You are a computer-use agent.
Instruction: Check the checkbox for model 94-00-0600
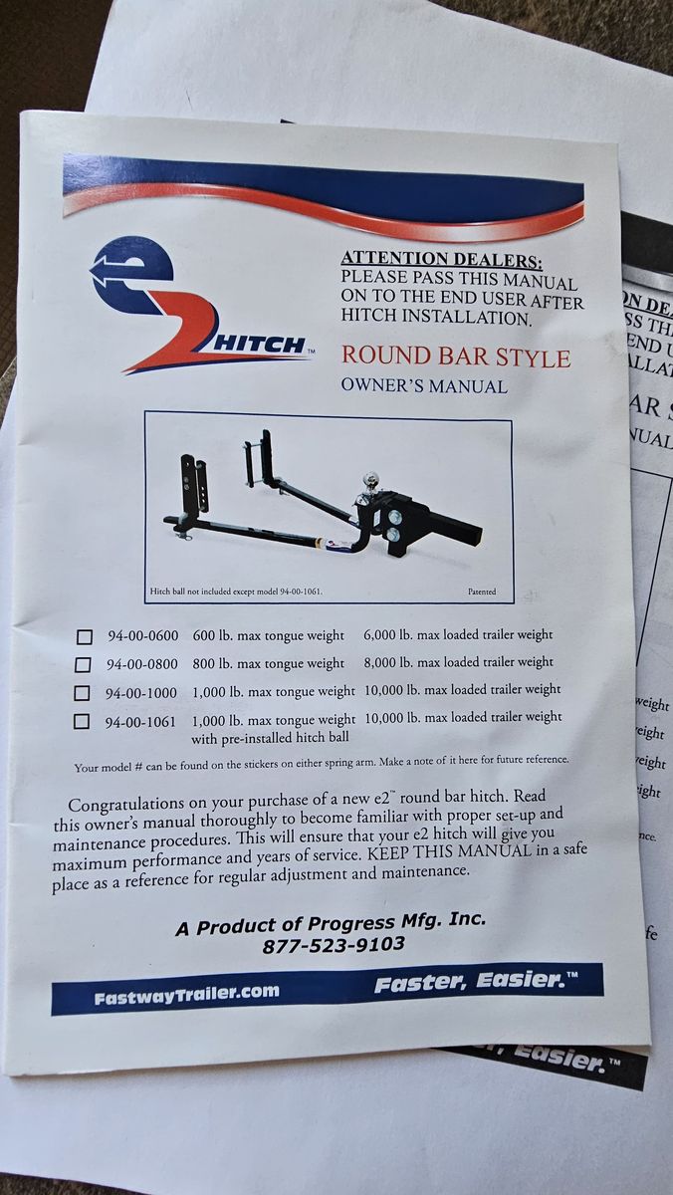pyautogui.click(x=85, y=637)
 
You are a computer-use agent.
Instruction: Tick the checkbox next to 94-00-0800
pyautogui.click(x=83, y=665)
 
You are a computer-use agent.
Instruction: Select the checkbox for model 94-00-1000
pyautogui.click(x=82, y=693)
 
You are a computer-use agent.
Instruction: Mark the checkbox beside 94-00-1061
pyautogui.click(x=81, y=722)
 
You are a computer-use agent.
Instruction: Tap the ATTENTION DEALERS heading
pyautogui.click(x=442, y=259)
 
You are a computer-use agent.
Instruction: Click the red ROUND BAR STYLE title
pyautogui.click(x=456, y=357)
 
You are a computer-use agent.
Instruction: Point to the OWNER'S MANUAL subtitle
pyautogui.click(x=424, y=385)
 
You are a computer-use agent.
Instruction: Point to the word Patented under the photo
pyautogui.click(x=482, y=592)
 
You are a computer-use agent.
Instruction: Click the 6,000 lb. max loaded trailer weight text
pyautogui.click(x=458, y=635)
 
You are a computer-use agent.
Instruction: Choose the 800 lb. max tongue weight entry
pyautogui.click(x=268, y=663)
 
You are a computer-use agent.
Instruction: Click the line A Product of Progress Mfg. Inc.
pyautogui.click(x=331, y=923)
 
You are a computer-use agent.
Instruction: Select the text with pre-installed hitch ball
pyautogui.click(x=270, y=738)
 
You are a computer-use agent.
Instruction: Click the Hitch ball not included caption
pyautogui.click(x=236, y=592)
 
